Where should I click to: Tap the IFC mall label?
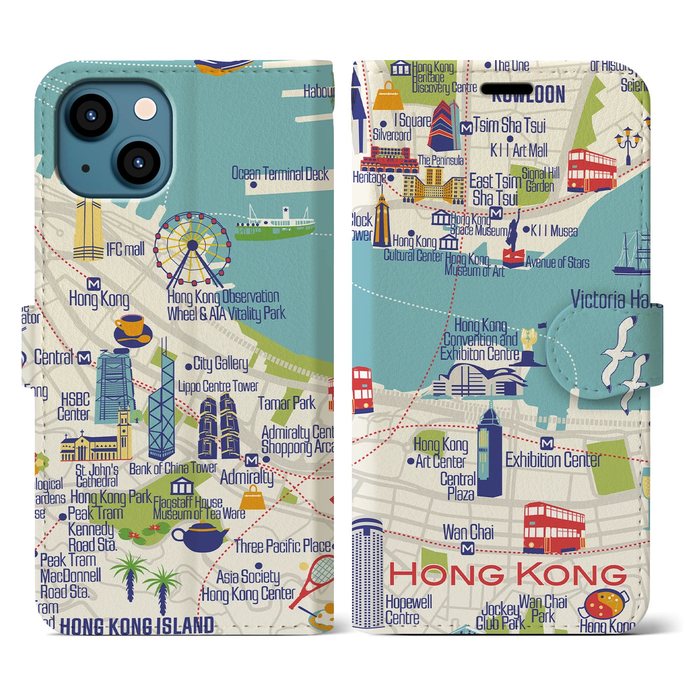pos(125,250)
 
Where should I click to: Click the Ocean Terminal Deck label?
pos(280,174)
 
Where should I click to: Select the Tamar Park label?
pos(287,403)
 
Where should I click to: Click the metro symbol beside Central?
pos(84,357)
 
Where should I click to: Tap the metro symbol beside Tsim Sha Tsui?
pos(466,128)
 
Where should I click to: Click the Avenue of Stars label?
pos(557,262)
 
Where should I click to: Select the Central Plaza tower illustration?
pos(489,451)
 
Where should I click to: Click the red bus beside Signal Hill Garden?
pos(591,170)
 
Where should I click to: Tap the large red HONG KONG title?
pos(507,574)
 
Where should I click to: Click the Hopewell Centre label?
pos(408,610)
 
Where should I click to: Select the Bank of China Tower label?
pos(173,469)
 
